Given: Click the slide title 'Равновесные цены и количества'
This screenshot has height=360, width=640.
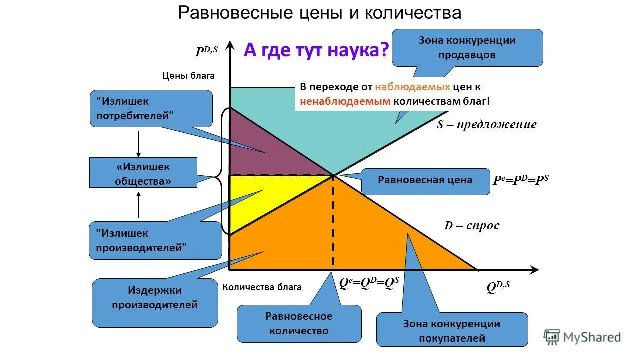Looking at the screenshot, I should pos(320,13).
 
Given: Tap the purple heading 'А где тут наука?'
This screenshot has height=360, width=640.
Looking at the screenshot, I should pos(316,50).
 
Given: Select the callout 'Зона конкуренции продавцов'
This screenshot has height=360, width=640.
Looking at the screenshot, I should pos(467,48).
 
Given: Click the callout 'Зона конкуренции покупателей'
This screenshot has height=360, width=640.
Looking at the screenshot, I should pos(452,331).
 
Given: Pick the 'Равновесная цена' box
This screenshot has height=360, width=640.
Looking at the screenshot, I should pos(425,180).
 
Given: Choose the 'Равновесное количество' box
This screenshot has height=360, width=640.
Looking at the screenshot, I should pos(299,323).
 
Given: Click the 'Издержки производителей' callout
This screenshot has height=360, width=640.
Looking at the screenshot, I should pos(155,298).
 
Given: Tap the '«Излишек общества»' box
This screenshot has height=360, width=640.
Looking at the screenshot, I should pos(143,174).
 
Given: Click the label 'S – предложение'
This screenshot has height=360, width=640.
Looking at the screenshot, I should pos(486,125).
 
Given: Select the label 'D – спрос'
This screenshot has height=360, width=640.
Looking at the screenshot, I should pos(472,226).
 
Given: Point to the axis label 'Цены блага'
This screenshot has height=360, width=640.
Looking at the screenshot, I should pos(188,76).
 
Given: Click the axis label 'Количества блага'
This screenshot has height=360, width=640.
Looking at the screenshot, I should pos(262,287).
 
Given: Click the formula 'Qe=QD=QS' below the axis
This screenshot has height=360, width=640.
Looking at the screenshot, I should pos(369,283).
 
